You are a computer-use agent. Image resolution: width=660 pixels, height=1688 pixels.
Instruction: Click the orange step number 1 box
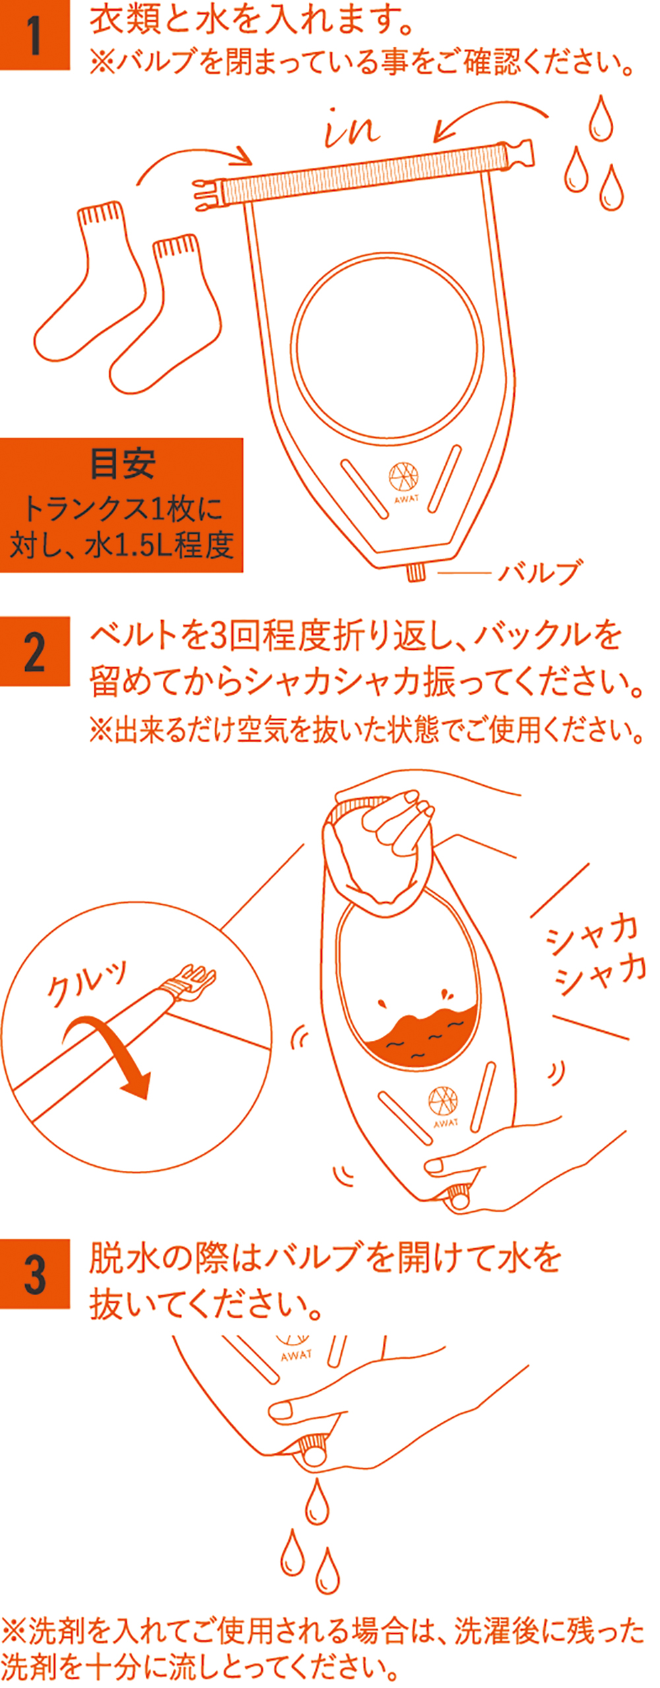click(34, 35)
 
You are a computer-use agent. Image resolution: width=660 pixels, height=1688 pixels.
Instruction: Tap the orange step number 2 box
click(34, 651)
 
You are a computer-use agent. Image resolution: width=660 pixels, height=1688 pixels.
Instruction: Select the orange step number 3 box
click(34, 1274)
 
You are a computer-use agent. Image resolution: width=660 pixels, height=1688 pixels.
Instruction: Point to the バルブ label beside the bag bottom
click(541, 573)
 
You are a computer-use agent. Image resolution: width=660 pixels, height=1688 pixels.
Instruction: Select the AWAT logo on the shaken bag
click(444, 1108)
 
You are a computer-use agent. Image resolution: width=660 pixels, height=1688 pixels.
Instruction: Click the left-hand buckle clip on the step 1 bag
click(209, 193)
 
